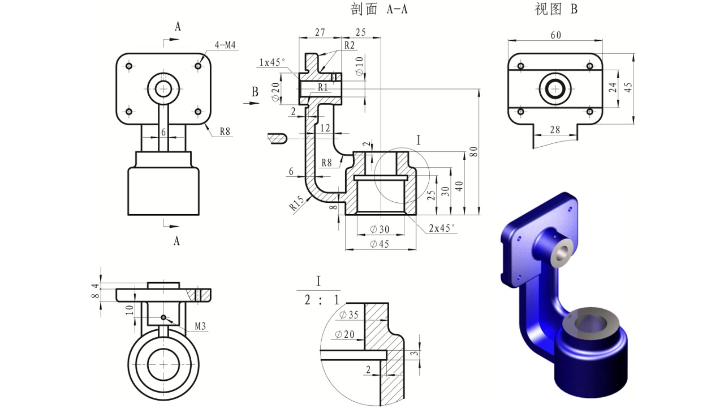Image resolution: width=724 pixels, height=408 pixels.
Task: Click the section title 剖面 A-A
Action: pyautogui.click(x=379, y=10)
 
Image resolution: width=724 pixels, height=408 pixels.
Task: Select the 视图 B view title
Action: pyautogui.click(x=555, y=10)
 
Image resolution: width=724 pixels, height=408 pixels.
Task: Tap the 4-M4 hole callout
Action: pyautogui.click(x=225, y=45)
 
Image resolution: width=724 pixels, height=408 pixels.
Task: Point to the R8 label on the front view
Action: pyautogui.click(x=225, y=131)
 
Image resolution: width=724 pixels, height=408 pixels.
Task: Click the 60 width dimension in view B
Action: pyautogui.click(x=555, y=35)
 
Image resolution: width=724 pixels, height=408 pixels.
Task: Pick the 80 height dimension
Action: pyautogui.click(x=473, y=152)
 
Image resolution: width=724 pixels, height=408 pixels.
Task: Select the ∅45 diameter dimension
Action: pyautogui.click(x=380, y=244)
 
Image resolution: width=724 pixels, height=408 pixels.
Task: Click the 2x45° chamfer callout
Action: pyautogui.click(x=442, y=228)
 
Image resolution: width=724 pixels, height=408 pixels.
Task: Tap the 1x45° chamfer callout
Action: pyautogui.click(x=272, y=62)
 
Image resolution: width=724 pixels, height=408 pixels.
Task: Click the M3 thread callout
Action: pyautogui.click(x=201, y=326)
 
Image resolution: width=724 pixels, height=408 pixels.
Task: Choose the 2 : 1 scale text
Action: pyautogui.click(x=322, y=300)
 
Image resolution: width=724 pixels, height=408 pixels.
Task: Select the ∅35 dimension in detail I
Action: pyautogui.click(x=350, y=315)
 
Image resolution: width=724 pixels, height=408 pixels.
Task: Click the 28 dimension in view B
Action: pyautogui.click(x=555, y=130)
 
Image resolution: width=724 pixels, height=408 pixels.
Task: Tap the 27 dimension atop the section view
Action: pyautogui.click(x=320, y=33)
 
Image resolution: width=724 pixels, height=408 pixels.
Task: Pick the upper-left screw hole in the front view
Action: pyautogui.click(x=129, y=66)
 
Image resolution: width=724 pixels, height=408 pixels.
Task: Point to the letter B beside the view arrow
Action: pyautogui.click(x=255, y=91)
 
